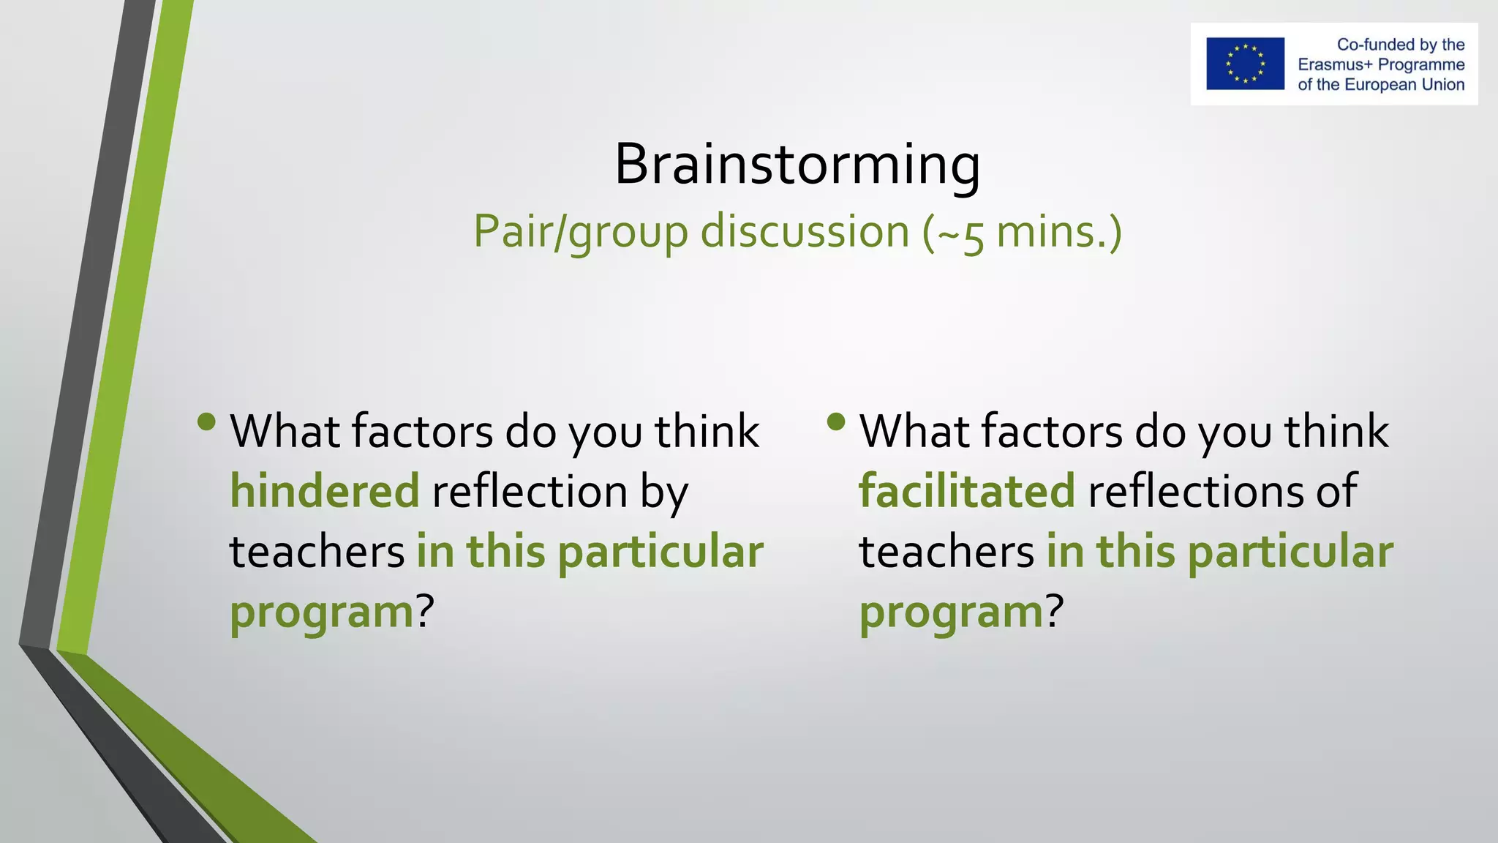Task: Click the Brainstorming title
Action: click(x=797, y=165)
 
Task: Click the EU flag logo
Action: click(x=1245, y=64)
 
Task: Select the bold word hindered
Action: click(x=325, y=491)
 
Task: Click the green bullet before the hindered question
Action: click(x=207, y=421)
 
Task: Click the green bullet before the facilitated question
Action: click(x=836, y=421)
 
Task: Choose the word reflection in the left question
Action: click(x=530, y=491)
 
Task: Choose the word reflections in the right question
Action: click(x=1196, y=491)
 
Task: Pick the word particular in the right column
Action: click(x=1290, y=552)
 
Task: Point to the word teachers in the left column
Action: click(x=317, y=552)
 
